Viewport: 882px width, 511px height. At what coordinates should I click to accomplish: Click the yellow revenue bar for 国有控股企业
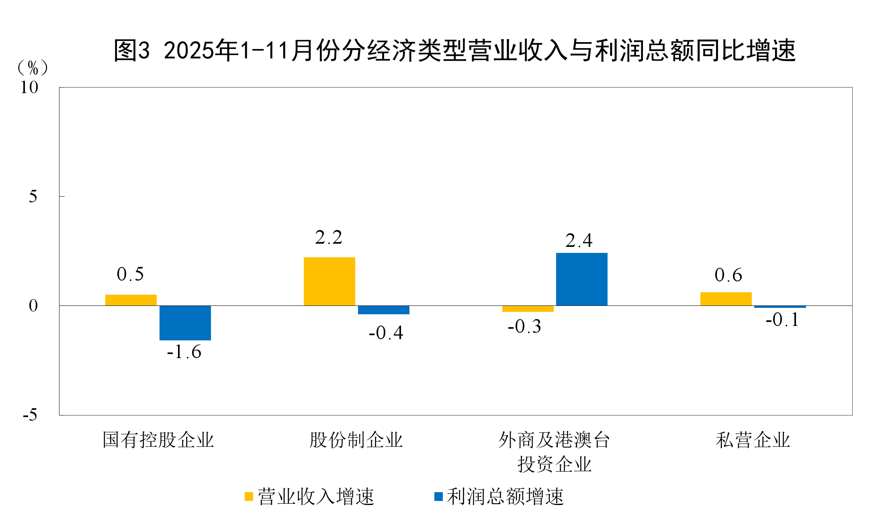tap(131, 300)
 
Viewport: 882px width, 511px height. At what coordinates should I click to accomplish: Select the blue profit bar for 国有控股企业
tap(185, 323)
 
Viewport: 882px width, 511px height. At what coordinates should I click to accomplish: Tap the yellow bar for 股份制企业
tap(329, 281)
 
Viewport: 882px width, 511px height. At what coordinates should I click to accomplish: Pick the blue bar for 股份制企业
tap(383, 310)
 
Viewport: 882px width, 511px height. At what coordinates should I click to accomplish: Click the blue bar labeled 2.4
tap(581, 279)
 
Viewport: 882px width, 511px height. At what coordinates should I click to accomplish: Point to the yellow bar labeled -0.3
tap(528, 309)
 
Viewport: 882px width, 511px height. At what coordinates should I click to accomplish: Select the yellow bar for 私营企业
tap(726, 299)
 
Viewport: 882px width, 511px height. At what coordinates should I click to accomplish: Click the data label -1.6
tap(184, 352)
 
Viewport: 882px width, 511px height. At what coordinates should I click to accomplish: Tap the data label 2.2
tap(329, 238)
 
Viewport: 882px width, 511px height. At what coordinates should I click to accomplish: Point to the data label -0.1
tap(782, 320)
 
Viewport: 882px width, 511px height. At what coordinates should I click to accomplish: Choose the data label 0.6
tap(728, 275)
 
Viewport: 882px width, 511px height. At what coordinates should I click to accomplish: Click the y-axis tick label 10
tap(29, 88)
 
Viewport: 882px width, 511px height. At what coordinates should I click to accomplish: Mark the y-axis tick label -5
tap(30, 415)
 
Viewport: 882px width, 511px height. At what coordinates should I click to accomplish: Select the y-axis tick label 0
tap(33, 306)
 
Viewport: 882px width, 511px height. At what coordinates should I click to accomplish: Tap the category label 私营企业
tap(753, 440)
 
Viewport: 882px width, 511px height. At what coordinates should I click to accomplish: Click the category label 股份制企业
tap(356, 440)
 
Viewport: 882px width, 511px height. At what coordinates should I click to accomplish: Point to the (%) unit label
tap(33, 68)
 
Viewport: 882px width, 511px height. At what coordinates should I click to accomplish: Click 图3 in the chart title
tap(132, 51)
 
